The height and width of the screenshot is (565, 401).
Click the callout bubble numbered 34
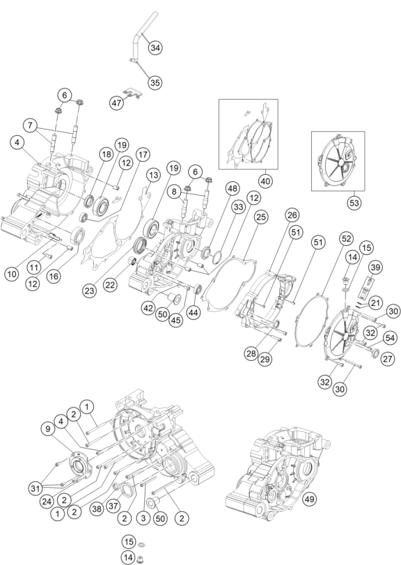pos(155,47)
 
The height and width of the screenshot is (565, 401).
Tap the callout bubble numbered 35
pos(155,82)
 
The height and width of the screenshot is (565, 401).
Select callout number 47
pos(117,103)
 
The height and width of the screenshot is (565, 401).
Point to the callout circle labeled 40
pos(265,180)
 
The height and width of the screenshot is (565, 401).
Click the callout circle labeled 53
pos(354,203)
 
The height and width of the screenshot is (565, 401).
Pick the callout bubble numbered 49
pos(309,500)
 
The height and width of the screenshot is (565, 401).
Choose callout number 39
pos(375,268)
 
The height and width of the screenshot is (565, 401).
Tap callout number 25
pos(261,217)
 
